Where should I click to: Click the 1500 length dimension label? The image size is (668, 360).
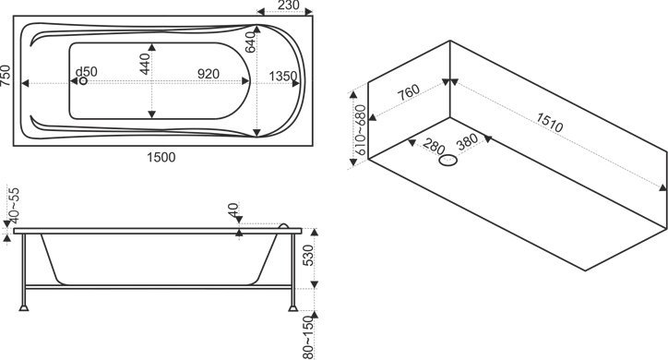click(161, 157)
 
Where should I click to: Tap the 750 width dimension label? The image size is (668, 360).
click(6, 76)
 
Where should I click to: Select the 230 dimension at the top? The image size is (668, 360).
click(289, 6)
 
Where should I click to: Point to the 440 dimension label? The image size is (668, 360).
click(145, 64)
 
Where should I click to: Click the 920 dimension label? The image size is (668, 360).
click(209, 74)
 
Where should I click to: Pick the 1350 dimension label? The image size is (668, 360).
click(283, 77)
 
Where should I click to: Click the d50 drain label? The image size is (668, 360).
click(86, 72)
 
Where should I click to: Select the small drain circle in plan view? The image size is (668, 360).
click(83, 80)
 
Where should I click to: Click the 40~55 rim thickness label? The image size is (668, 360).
click(15, 205)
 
